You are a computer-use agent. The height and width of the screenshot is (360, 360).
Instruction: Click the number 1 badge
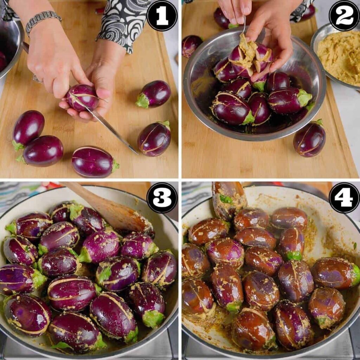click(162, 15)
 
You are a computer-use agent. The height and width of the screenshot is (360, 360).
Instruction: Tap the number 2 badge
click(344, 15)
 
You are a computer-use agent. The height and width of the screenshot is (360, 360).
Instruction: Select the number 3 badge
click(162, 198)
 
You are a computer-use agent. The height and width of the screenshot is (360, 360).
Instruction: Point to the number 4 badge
click(344, 198)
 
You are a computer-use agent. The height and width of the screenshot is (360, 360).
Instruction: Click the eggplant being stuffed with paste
click(250, 59)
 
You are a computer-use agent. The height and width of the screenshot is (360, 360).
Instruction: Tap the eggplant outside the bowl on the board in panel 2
click(309, 139)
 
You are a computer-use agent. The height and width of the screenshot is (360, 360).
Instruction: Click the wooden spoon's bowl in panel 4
click(229, 199)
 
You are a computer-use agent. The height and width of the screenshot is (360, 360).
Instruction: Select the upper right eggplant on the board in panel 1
click(154, 94)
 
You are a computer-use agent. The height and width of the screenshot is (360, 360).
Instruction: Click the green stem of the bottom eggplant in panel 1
click(115, 166)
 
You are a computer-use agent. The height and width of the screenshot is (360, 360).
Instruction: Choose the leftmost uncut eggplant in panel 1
click(28, 130)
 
